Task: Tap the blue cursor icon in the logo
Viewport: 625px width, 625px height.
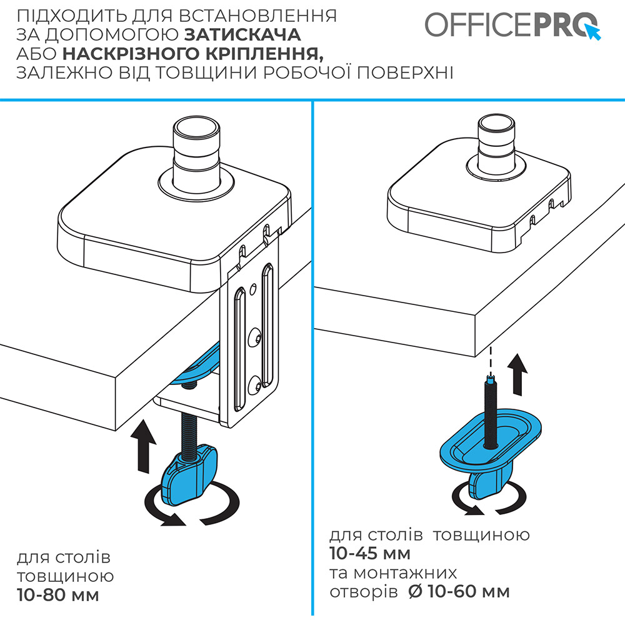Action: coord(592,31)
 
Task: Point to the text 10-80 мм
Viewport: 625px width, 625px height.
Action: coord(58,595)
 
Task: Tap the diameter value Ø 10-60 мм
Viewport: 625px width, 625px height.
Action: coord(458,591)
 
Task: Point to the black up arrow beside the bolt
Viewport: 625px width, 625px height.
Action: coord(519,371)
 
